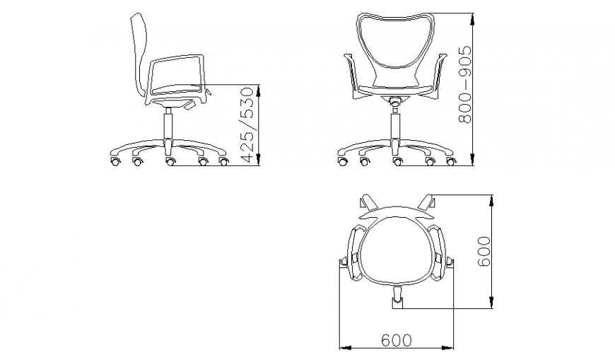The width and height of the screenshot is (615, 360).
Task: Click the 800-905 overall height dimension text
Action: [465, 86]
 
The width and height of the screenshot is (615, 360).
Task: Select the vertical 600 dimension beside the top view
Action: [484, 251]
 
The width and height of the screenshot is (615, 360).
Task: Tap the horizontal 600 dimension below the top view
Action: [397, 340]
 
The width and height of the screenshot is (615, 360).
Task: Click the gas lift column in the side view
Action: [168, 127]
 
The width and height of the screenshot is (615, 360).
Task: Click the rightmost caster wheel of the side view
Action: [224, 163]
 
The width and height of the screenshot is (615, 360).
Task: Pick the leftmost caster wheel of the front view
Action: [343, 163]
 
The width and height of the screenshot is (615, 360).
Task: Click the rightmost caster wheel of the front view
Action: [450, 163]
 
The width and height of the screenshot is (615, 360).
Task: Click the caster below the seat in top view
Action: [398, 300]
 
